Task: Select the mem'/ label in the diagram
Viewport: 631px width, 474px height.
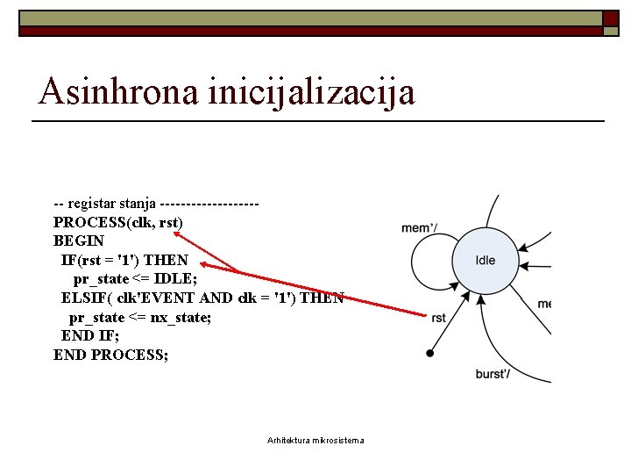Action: coord(419,229)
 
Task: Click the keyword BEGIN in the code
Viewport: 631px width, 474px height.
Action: coord(79,241)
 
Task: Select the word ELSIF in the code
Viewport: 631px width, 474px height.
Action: coord(84,298)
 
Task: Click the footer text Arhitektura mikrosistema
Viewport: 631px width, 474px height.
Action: coord(315,440)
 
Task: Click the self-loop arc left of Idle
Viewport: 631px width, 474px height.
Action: coord(414,261)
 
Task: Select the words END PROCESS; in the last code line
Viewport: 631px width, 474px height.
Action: coord(110,355)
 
